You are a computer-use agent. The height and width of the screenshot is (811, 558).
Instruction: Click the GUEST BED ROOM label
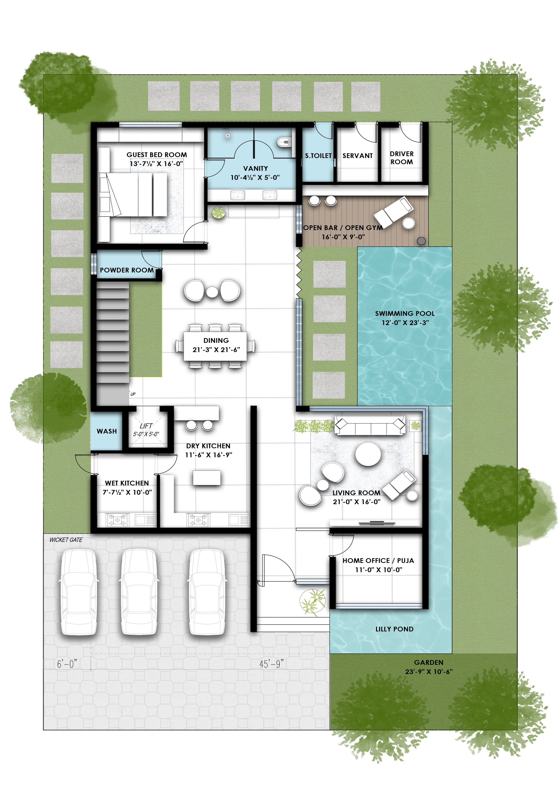[157, 155]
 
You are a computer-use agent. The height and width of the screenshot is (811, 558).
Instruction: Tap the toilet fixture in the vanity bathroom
[284, 142]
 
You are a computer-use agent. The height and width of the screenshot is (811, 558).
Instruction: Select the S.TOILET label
[318, 156]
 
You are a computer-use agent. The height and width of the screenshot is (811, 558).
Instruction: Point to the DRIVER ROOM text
[402, 158]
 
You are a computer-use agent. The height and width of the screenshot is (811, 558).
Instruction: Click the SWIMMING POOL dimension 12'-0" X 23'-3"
[405, 323]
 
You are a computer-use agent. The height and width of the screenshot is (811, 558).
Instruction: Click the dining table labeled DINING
[215, 345]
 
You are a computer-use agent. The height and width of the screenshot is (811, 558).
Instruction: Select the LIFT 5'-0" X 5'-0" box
[146, 430]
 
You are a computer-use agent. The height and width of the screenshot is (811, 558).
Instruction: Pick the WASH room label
[107, 431]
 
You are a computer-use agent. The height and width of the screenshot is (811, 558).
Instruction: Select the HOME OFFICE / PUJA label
[378, 560]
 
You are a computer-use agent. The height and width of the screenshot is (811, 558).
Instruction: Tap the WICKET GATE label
[66, 540]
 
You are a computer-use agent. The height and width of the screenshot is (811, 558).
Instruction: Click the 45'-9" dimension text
[271, 664]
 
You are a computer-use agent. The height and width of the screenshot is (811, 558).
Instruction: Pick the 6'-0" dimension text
[67, 664]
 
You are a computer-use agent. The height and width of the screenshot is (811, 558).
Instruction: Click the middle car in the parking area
[139, 592]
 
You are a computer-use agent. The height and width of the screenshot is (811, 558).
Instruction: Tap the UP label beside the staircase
[133, 394]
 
